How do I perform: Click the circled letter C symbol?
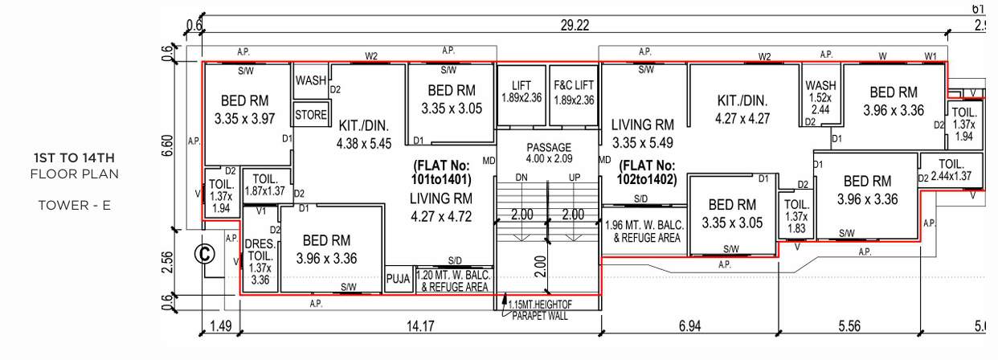pos(206,254)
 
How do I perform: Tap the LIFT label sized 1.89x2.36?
pos(521,92)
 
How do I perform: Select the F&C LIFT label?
pos(574,92)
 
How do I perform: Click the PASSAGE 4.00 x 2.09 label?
pos(549,153)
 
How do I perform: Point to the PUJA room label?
pos(399,280)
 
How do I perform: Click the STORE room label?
pos(310,115)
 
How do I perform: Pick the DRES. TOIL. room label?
pos(260,262)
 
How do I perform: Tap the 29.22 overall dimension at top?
pos(575,26)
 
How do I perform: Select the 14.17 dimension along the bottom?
pos(419,326)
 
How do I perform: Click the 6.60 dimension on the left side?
pos(167,145)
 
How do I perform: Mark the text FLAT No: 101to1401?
pos(440,173)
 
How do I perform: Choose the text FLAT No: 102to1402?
pos(647,173)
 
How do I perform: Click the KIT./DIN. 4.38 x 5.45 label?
pos(363,135)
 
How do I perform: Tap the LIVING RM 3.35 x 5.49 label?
pos(642,133)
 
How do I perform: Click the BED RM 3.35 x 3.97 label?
pos(245,109)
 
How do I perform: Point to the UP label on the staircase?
pos(574,178)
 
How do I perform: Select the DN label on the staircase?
pos(521,178)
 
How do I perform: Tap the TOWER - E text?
pos(74,205)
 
